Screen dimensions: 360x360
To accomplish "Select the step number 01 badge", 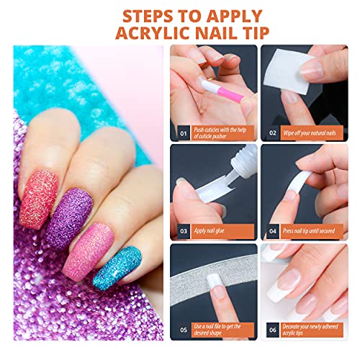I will pos(181,132).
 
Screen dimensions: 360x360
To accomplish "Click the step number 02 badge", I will pos(271,132).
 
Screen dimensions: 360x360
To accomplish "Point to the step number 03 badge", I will pos(181,231).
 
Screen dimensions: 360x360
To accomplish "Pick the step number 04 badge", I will pos(271,231).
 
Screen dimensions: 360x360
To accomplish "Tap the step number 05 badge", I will pos(181,330).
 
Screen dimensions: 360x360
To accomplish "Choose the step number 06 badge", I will pos(271,330).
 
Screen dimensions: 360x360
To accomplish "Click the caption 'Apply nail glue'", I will pos(215,231).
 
